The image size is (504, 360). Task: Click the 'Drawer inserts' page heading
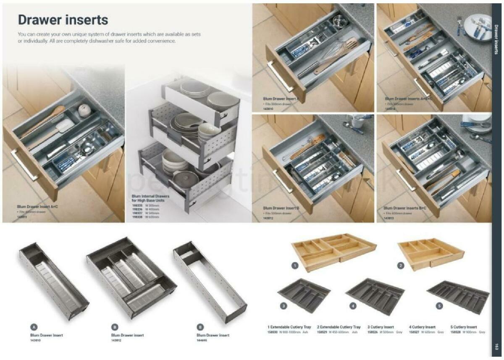click(63, 20)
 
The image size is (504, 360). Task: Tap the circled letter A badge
click(34, 326)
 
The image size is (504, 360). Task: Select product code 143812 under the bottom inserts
click(116, 340)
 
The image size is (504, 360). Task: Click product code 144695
click(202, 340)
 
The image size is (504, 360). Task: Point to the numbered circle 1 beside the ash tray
click(295, 265)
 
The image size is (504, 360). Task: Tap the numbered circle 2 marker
click(401, 265)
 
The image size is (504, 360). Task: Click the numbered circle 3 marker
click(283, 306)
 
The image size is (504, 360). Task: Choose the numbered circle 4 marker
click(353, 306)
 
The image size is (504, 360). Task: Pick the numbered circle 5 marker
click(439, 306)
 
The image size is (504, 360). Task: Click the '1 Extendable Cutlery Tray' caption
click(289, 327)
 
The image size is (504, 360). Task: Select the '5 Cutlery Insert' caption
click(463, 327)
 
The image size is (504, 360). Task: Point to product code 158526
click(373, 332)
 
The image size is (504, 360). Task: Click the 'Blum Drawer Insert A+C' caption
click(37, 207)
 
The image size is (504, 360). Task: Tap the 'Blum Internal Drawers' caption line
click(150, 196)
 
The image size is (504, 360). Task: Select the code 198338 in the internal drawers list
click(137, 217)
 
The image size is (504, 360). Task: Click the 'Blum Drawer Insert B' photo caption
click(281, 208)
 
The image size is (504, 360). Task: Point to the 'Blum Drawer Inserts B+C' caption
click(404, 208)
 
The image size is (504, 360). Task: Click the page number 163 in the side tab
click(496, 347)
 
